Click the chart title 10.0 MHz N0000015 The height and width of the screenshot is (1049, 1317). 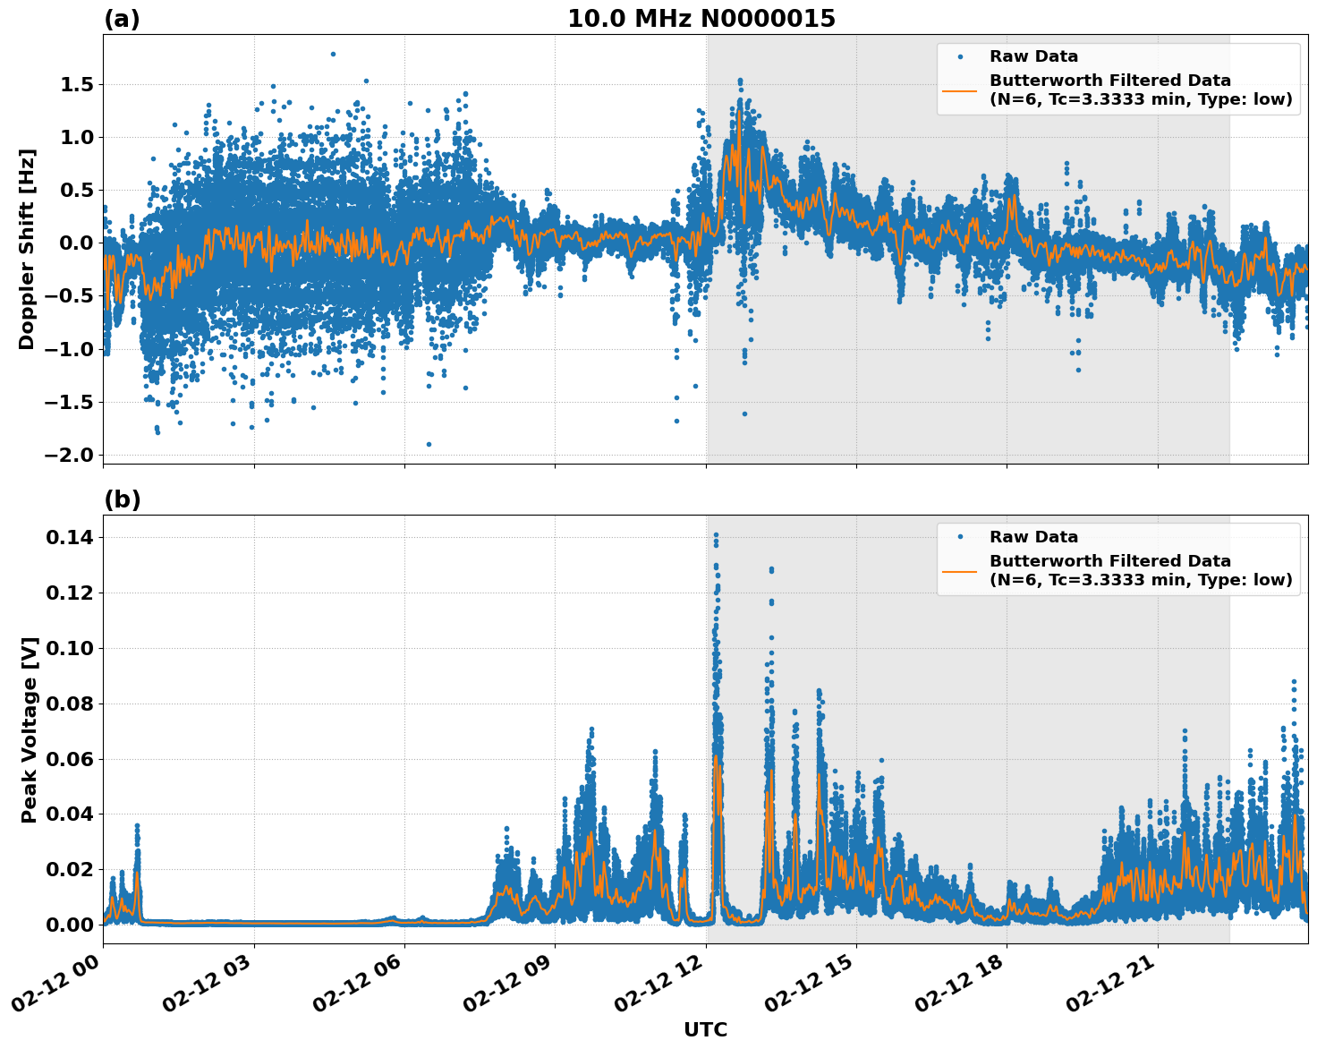701,19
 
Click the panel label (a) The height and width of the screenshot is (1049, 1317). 122,19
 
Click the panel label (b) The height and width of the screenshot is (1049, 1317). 122,499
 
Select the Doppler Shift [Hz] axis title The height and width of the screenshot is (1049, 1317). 27,249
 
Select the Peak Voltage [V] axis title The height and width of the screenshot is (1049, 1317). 30,729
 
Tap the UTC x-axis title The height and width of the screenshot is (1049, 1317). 705,1029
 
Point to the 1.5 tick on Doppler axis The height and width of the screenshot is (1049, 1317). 75,85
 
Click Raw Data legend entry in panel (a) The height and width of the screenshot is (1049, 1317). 1033,56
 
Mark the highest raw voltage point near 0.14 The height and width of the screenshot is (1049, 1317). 716,535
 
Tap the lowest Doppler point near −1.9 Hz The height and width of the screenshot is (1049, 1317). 429,444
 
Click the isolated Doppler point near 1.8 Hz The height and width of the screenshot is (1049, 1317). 333,54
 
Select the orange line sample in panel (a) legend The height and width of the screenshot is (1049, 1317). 959,90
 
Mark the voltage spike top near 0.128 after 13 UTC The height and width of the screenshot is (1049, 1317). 771,569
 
